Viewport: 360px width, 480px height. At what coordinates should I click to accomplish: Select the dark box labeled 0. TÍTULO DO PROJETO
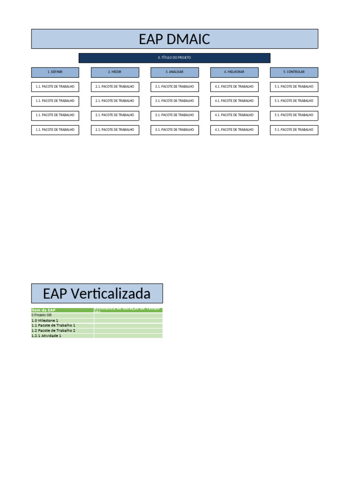(174, 58)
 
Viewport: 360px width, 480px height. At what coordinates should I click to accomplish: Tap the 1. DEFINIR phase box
(55, 72)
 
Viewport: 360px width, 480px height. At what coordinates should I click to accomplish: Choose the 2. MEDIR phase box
(115, 72)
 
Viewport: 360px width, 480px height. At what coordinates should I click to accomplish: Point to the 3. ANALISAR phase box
(174, 72)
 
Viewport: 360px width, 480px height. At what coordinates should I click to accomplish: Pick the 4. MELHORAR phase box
(234, 72)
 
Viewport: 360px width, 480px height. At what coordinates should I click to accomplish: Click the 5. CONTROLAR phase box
(294, 72)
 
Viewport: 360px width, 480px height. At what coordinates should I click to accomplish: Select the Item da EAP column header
(44, 310)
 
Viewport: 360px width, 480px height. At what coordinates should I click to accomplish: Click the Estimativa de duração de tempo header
(127, 310)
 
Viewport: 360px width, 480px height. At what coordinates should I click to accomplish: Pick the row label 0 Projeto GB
(42, 315)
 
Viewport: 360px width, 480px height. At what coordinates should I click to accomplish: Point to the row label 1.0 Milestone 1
(45, 321)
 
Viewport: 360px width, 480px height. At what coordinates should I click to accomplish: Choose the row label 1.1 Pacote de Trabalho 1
(53, 325)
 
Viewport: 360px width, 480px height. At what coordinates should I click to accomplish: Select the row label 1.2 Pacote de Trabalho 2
(53, 330)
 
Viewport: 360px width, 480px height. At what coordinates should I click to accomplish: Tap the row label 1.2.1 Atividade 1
(46, 336)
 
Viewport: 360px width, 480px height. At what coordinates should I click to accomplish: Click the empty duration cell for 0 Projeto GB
(128, 315)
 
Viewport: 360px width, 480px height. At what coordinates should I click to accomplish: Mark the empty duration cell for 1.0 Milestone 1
(128, 321)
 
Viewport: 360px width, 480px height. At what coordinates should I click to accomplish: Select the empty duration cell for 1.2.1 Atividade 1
(128, 336)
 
